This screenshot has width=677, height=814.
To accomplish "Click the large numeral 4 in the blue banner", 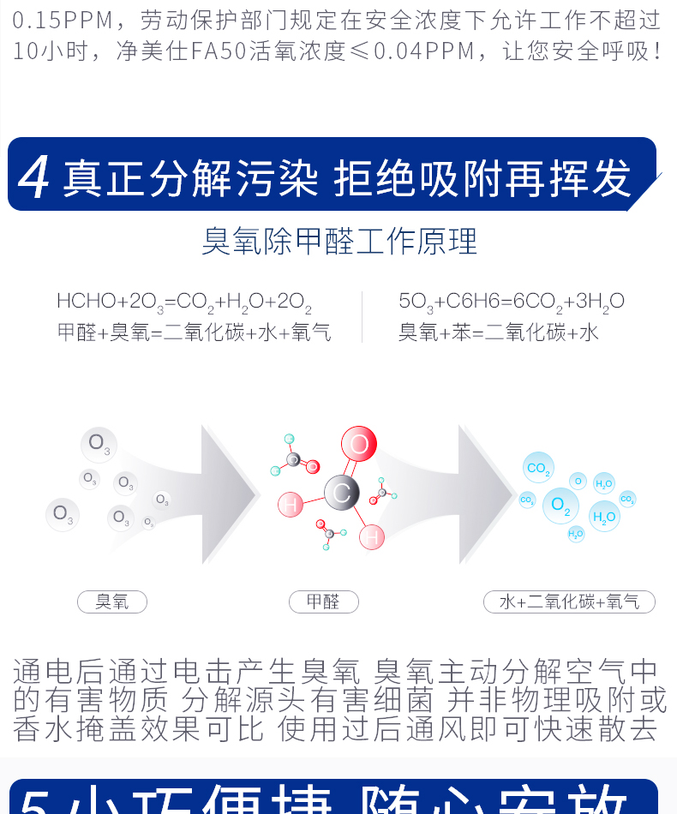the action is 33,177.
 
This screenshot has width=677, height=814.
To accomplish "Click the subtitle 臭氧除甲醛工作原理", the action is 339,242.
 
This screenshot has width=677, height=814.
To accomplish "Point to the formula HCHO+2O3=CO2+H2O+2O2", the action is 184,302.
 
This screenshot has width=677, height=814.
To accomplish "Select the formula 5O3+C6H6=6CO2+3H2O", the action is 512,302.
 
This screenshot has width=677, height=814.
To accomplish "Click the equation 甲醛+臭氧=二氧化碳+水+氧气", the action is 194,332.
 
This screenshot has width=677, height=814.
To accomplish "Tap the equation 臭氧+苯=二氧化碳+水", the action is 499,332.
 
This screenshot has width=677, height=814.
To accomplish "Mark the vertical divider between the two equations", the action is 363,317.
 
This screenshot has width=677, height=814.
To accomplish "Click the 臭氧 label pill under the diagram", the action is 112,602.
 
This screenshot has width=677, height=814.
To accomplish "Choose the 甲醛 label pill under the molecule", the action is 323,602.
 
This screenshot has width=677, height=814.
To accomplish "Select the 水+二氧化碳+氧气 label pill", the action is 569,602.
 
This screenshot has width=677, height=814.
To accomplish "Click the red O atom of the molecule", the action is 358,445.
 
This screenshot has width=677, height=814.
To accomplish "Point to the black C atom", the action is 341,493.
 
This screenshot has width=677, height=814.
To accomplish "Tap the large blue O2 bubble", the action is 560,505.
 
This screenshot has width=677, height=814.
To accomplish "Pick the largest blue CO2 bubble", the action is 537,468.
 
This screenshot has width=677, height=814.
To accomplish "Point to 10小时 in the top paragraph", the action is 51,51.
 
